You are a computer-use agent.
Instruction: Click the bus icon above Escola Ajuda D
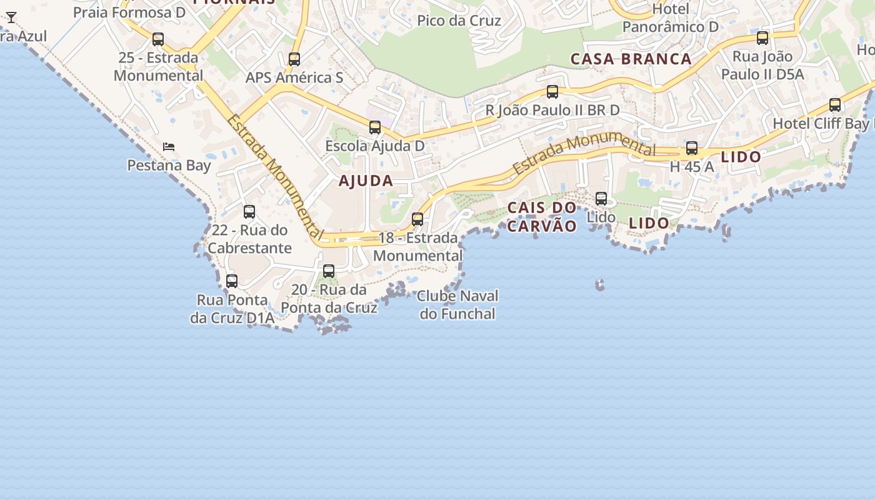(x=375, y=127)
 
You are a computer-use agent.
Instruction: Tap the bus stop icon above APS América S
(x=294, y=59)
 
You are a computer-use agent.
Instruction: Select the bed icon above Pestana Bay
(x=169, y=147)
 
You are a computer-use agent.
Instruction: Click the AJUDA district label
(x=366, y=181)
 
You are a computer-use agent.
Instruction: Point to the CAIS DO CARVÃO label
(x=541, y=217)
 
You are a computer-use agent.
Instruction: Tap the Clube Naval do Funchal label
(x=457, y=304)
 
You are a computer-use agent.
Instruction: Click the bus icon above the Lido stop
(x=601, y=199)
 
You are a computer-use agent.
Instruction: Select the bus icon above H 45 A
(x=692, y=148)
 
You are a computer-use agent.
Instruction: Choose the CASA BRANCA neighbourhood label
(x=631, y=59)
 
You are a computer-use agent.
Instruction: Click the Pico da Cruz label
(x=459, y=21)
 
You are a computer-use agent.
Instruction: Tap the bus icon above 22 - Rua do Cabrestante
(x=249, y=212)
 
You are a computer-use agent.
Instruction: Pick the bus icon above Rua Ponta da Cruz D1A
(x=232, y=281)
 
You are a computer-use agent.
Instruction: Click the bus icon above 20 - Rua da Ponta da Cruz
(x=329, y=271)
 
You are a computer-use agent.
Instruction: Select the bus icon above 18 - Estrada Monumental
(x=417, y=219)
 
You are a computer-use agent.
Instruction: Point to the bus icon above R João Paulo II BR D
(x=552, y=92)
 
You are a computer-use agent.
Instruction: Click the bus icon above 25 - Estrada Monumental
(x=158, y=39)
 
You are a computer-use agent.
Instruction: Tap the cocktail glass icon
(x=11, y=17)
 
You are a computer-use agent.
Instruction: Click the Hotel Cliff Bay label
(x=821, y=124)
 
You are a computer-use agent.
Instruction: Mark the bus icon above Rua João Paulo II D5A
(x=762, y=38)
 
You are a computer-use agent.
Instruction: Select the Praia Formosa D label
(x=129, y=12)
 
